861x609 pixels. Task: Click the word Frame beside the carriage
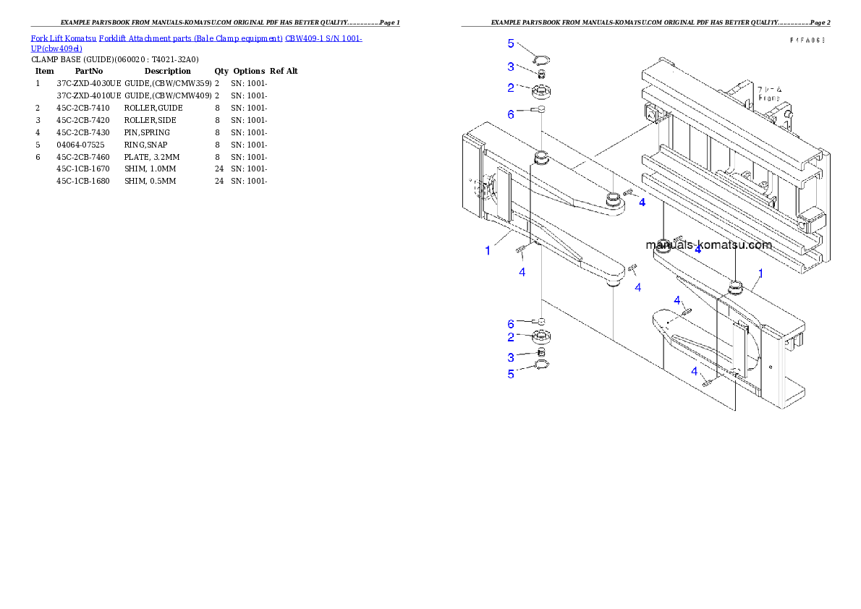point(769,98)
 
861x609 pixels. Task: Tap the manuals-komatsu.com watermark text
point(709,244)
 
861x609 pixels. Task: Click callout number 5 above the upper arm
point(511,43)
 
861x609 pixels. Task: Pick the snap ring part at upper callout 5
point(541,59)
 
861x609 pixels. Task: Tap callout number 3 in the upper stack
point(511,67)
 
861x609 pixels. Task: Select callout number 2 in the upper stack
point(511,88)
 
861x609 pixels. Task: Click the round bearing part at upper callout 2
point(542,91)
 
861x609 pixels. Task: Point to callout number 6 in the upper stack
point(511,114)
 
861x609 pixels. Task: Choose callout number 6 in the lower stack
point(511,323)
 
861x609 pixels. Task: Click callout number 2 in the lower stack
point(511,336)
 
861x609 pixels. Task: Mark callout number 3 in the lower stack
point(511,357)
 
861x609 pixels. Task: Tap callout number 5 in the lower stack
point(511,374)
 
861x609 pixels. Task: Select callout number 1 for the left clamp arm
point(488,251)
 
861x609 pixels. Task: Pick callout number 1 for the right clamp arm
point(760,273)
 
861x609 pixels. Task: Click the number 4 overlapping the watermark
point(697,249)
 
